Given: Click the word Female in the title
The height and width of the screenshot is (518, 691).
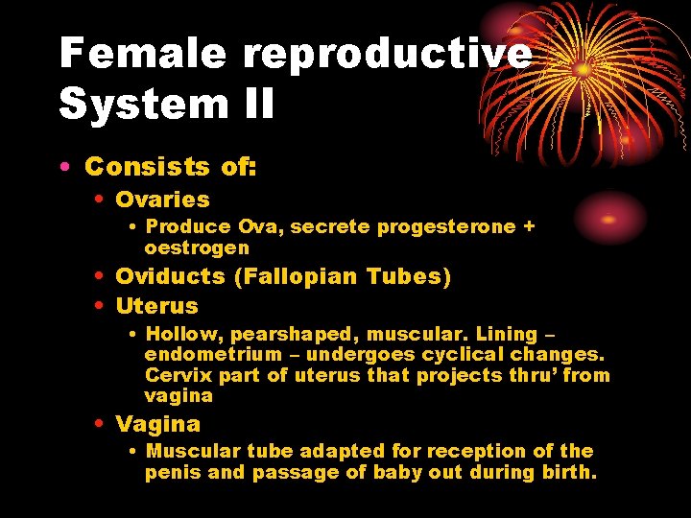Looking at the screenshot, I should pyautogui.click(x=141, y=54).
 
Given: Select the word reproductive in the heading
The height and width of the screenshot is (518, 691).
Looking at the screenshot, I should pyautogui.click(x=387, y=54).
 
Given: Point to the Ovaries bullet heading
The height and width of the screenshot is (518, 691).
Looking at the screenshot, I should pyautogui.click(x=162, y=200).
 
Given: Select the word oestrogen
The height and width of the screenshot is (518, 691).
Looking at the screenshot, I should pyautogui.click(x=196, y=248).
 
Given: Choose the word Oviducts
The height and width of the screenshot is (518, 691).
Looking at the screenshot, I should pyautogui.click(x=170, y=277).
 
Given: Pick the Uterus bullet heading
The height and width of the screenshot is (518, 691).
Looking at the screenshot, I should pyautogui.click(x=156, y=307).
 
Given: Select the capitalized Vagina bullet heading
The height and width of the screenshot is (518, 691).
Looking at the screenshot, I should pyautogui.click(x=157, y=424).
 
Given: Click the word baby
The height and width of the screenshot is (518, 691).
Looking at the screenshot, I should pyautogui.click(x=390, y=472).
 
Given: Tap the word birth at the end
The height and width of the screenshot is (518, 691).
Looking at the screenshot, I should pyautogui.click(x=568, y=472).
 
